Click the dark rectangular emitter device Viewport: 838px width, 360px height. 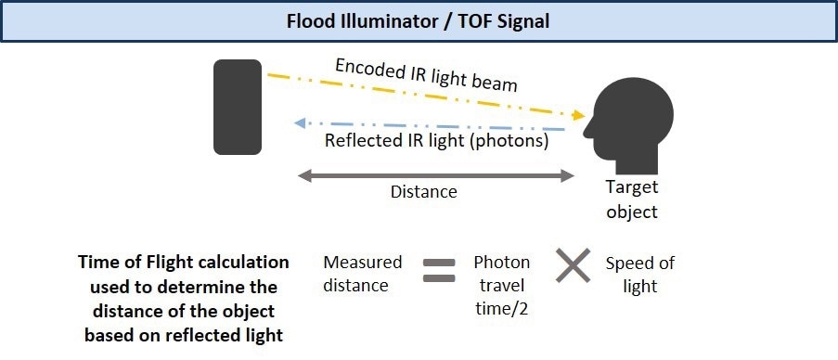coord(238,107)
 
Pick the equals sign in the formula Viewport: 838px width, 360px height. coord(439,269)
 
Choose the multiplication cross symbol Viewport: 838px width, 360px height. coord(573,267)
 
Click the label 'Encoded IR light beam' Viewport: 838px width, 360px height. coord(426,75)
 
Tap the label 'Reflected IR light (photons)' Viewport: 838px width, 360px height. coord(437,142)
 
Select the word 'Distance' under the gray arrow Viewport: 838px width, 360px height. coord(423,192)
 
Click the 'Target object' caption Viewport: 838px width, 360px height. coord(631,199)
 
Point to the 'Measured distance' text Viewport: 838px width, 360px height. coord(363,274)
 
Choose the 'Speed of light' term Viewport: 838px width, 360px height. coord(639,274)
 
